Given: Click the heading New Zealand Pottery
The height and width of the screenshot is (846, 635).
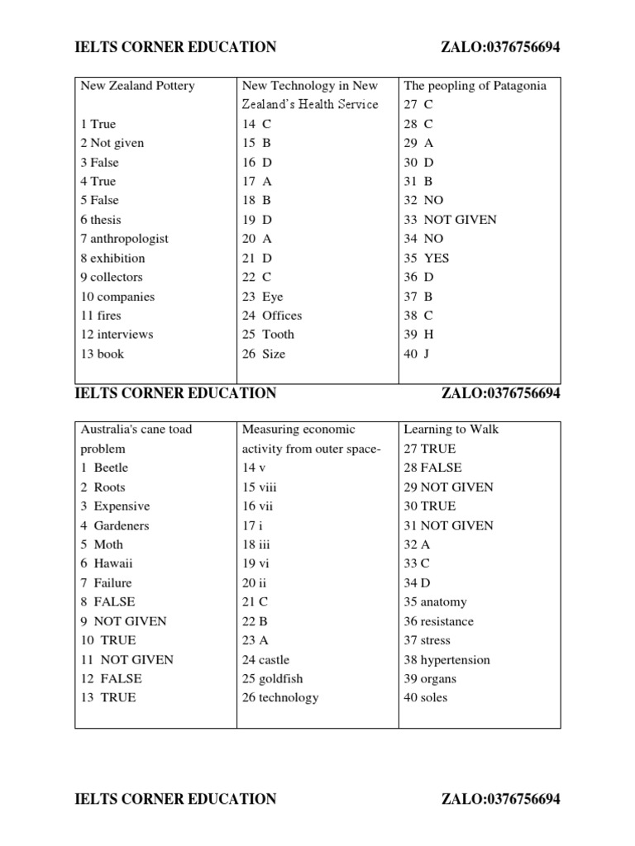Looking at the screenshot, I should (137, 86).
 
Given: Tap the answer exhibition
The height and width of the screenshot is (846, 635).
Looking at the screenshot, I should (117, 258).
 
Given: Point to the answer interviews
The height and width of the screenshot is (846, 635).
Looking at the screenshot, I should (125, 335).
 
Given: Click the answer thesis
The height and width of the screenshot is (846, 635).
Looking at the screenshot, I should (106, 220).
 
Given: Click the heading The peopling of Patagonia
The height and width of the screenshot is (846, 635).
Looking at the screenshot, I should (475, 86).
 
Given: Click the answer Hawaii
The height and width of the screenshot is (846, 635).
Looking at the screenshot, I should (113, 563).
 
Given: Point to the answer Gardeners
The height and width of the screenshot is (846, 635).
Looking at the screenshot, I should (122, 525).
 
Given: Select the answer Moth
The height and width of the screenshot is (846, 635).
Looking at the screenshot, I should (108, 544).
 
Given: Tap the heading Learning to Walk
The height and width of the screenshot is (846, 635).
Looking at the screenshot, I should (451, 430).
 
